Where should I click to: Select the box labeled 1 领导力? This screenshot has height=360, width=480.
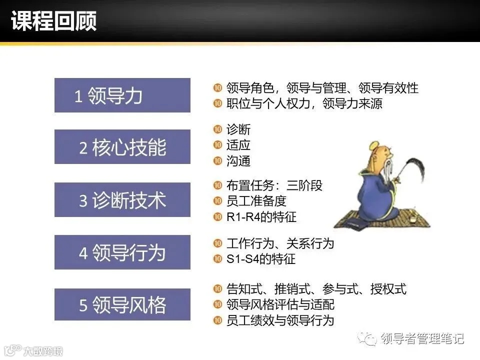click(x=122, y=95)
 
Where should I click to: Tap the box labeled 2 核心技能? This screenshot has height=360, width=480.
click(x=122, y=147)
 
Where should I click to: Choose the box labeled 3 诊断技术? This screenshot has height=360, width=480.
click(x=122, y=200)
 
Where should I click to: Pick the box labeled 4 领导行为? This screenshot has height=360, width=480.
click(x=122, y=252)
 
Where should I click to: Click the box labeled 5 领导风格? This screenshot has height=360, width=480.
click(x=122, y=304)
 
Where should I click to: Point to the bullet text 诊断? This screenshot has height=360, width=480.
click(x=238, y=129)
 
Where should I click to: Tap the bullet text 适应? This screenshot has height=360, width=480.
click(x=238, y=145)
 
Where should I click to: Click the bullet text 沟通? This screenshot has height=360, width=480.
click(x=238, y=161)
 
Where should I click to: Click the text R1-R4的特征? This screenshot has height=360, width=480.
click(x=261, y=217)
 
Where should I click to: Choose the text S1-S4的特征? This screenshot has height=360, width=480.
click(x=261, y=259)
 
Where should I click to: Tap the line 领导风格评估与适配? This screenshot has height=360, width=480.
click(x=280, y=304)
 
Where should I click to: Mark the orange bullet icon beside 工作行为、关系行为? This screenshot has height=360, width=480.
click(x=217, y=243)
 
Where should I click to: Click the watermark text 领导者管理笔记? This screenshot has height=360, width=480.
click(x=422, y=339)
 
